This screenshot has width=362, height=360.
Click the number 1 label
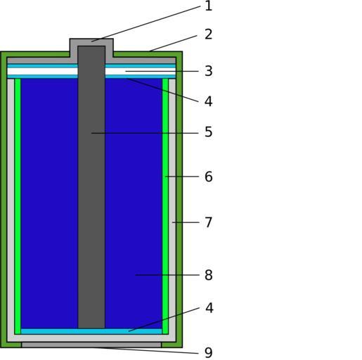(x=208, y=6)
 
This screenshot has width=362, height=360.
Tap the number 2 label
(x=208, y=34)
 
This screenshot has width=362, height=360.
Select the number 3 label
(x=209, y=71)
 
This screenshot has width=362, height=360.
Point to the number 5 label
(x=209, y=131)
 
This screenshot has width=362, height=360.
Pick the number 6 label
(x=209, y=176)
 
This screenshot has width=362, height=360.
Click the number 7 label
(x=209, y=222)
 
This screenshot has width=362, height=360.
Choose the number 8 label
(x=209, y=275)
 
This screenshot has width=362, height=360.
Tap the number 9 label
(x=209, y=352)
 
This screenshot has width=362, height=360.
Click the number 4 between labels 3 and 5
(x=208, y=101)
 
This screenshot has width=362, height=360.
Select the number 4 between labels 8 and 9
(x=209, y=308)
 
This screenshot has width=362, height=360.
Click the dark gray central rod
(x=91, y=187)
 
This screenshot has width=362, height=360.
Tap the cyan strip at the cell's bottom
(x=91, y=331)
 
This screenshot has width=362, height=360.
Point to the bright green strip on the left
(x=18, y=206)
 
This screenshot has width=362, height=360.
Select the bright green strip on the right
(x=165, y=206)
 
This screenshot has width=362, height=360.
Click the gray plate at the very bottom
(x=91, y=345)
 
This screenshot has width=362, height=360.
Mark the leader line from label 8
(x=167, y=275)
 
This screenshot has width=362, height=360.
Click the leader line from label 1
(x=146, y=24)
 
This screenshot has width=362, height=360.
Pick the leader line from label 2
(x=173, y=44)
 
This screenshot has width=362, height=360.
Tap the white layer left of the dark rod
(x=42, y=71)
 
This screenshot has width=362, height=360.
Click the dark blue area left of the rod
(x=49, y=203)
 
